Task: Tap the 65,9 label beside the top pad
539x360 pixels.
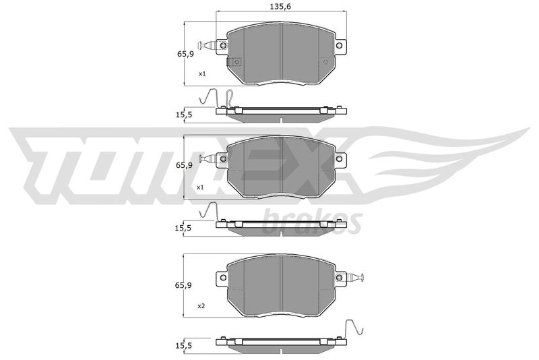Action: click(x=186, y=54)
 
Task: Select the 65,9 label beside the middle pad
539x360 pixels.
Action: click(x=185, y=165)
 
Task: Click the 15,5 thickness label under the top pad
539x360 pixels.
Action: click(x=184, y=115)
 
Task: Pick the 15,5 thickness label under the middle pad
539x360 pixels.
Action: click(x=184, y=228)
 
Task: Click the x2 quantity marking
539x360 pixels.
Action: click(x=201, y=305)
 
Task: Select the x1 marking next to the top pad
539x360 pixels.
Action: click(x=202, y=73)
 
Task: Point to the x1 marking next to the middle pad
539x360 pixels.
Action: click(x=200, y=187)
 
